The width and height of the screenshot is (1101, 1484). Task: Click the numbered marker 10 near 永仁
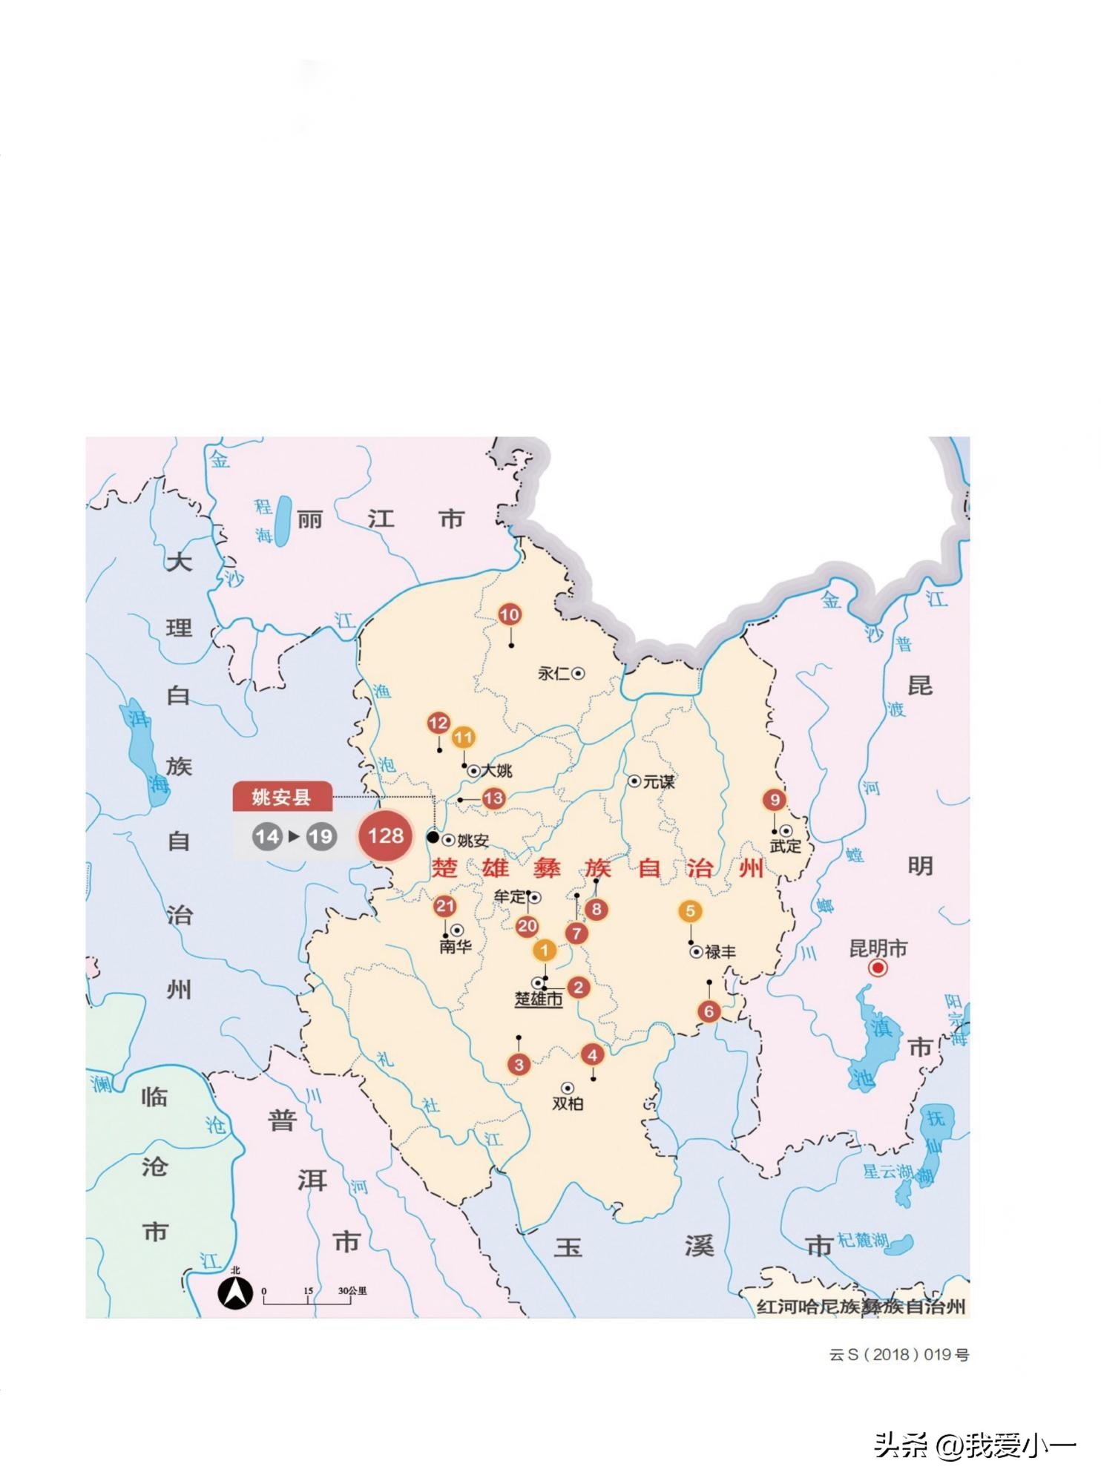[509, 614]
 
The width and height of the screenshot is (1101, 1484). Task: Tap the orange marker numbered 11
[463, 738]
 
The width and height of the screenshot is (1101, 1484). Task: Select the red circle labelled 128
[385, 836]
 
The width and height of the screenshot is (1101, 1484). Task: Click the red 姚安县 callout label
[281, 798]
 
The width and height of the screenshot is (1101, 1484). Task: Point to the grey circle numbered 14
[266, 837]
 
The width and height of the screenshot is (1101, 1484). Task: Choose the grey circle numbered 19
[321, 837]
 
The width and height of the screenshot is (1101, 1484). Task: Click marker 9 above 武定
[775, 800]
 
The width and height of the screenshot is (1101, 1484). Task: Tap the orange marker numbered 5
[690, 911]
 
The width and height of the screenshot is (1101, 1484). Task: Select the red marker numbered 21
[444, 906]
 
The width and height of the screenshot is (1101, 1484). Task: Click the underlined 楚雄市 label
[539, 999]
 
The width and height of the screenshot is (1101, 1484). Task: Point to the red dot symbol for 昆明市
[878, 968]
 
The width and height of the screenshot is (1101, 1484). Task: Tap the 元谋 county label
[659, 782]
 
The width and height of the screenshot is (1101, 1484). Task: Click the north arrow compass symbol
[235, 1295]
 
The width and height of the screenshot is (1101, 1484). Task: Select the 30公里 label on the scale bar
[352, 1291]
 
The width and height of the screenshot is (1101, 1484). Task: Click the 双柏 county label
[568, 1104]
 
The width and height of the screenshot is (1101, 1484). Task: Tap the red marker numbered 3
[519, 1065]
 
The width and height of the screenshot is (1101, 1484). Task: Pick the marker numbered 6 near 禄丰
[709, 1011]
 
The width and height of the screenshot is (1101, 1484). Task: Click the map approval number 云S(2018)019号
[899, 1355]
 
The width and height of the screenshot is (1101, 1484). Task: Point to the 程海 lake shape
[283, 521]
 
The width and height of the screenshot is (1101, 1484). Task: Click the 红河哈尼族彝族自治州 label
[861, 1307]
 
